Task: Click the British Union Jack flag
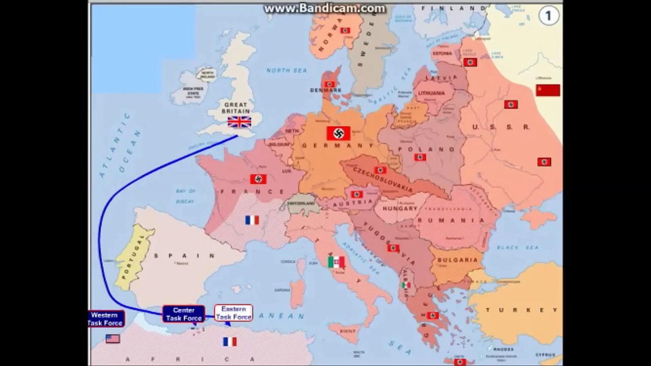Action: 239,122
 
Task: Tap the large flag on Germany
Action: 338,133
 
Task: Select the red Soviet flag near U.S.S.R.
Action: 548,90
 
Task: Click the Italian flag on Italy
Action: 336,262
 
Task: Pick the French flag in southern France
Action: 252,220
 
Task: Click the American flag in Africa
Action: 113,339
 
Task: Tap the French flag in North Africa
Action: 230,342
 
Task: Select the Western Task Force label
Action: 106,319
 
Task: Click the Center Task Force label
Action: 184,314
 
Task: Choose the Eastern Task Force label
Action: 233,313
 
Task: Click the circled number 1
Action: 548,16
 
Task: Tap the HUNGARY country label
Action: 400,208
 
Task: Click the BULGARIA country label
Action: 457,260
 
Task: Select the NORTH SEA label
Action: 287,70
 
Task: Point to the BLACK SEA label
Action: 518,248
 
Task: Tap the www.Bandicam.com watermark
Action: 325,8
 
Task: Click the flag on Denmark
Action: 330,84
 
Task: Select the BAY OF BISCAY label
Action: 185,196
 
